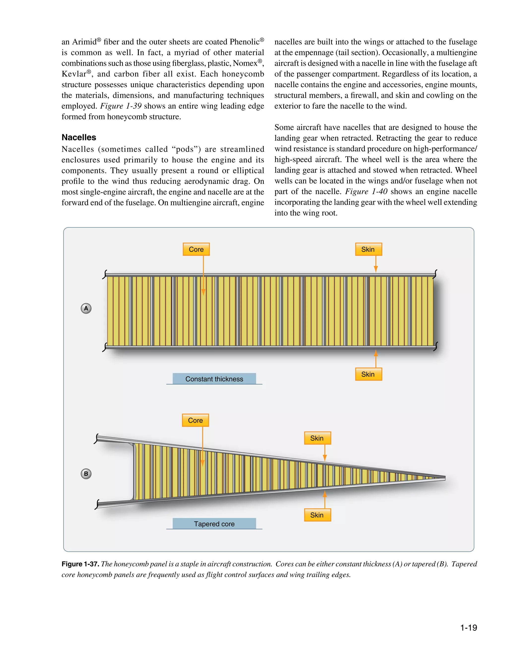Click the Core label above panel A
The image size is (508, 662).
(x=196, y=249)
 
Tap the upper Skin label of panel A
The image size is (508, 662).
(x=368, y=249)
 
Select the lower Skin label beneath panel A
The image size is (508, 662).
(x=368, y=374)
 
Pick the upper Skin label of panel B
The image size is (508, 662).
(x=317, y=438)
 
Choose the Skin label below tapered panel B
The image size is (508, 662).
(x=317, y=515)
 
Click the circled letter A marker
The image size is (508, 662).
(x=86, y=308)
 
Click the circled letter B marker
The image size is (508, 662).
(x=86, y=474)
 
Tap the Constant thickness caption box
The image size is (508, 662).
(x=214, y=379)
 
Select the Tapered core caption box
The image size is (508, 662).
(x=214, y=524)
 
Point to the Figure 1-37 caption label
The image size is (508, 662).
(x=80, y=564)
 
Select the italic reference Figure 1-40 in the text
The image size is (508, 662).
(x=366, y=192)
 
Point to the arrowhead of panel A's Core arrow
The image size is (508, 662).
(x=203, y=292)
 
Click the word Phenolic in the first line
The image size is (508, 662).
(x=244, y=42)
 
